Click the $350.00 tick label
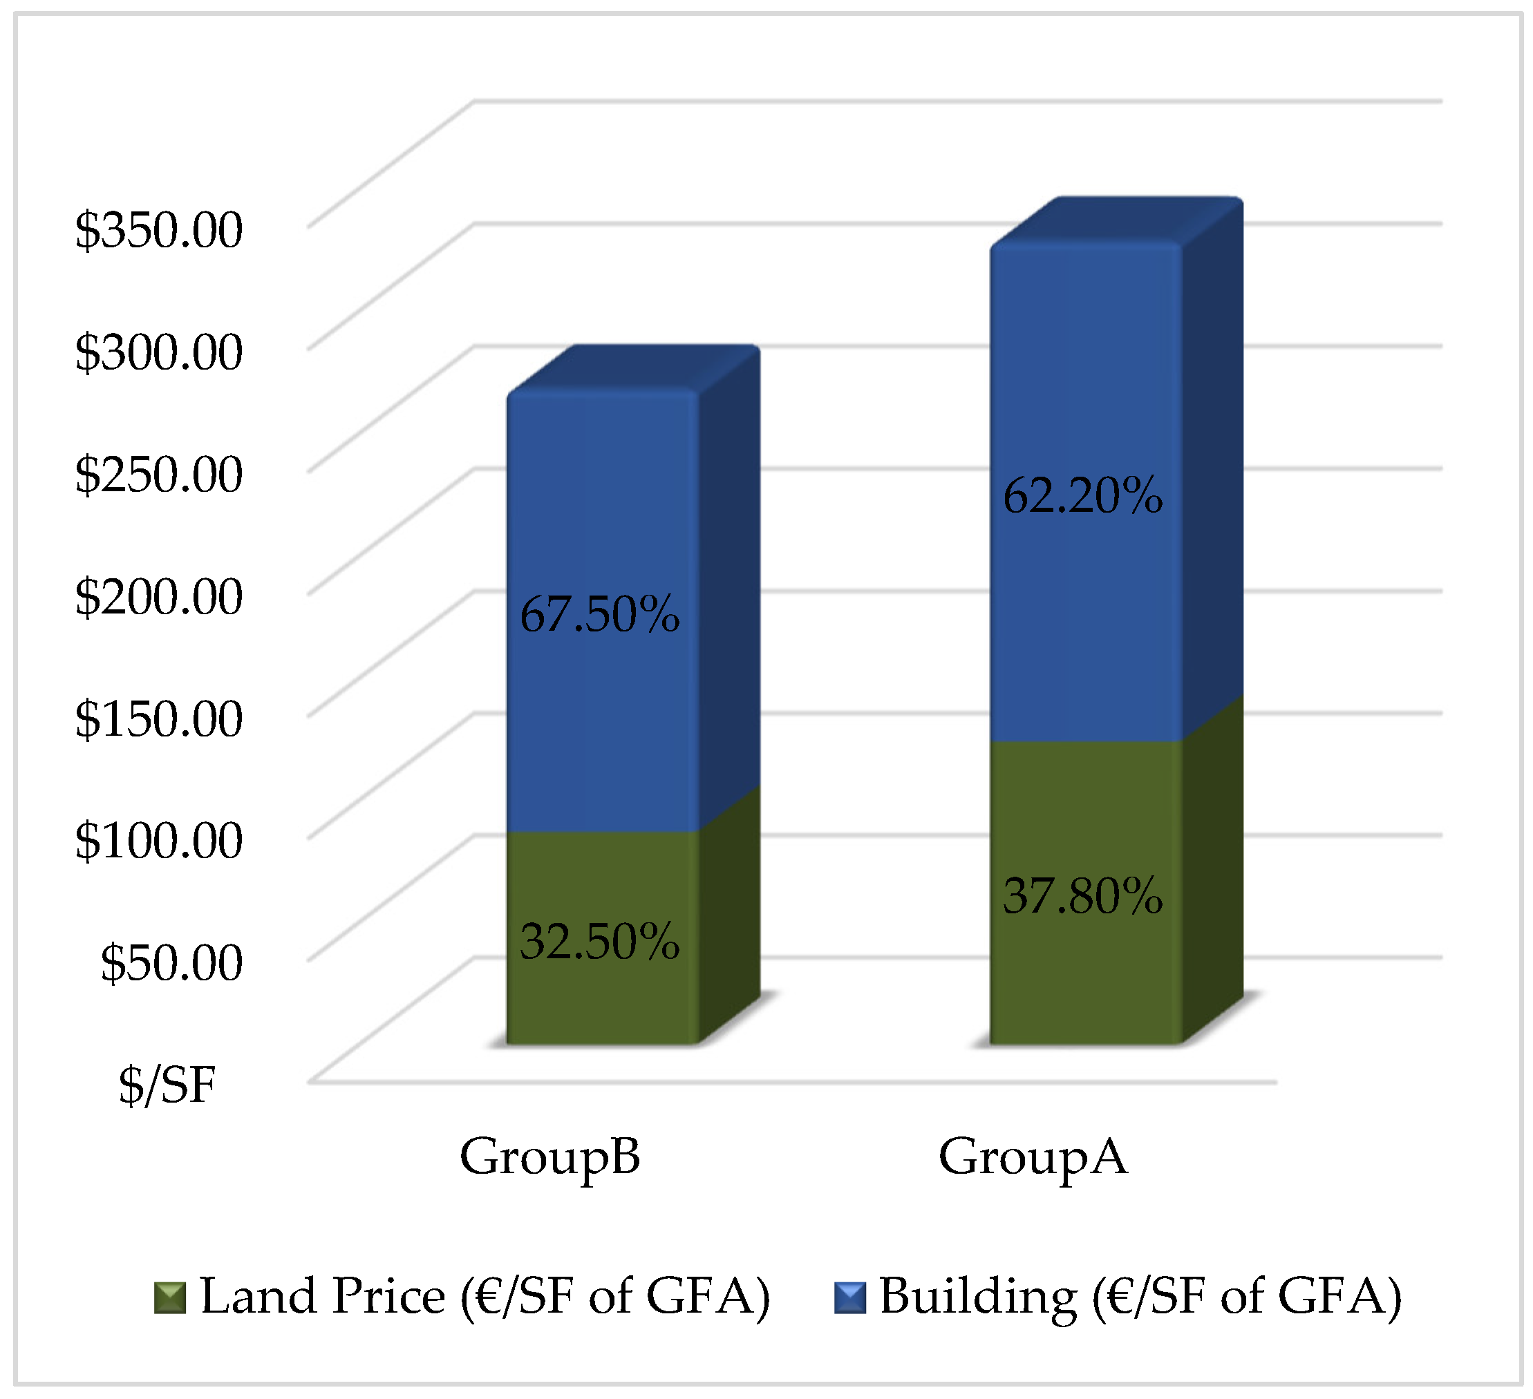click(158, 229)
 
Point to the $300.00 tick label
click(158, 352)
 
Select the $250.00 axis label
click(158, 474)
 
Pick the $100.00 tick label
click(158, 841)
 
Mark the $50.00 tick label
click(171, 963)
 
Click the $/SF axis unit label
click(167, 1085)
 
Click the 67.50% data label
click(599, 614)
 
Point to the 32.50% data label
click(599, 942)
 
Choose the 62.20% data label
click(1082, 495)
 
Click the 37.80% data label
click(1082, 896)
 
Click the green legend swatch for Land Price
click(169, 1298)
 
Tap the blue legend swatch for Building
click(849, 1298)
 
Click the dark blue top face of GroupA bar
click(1116, 221)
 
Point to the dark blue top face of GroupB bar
click(633, 370)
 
